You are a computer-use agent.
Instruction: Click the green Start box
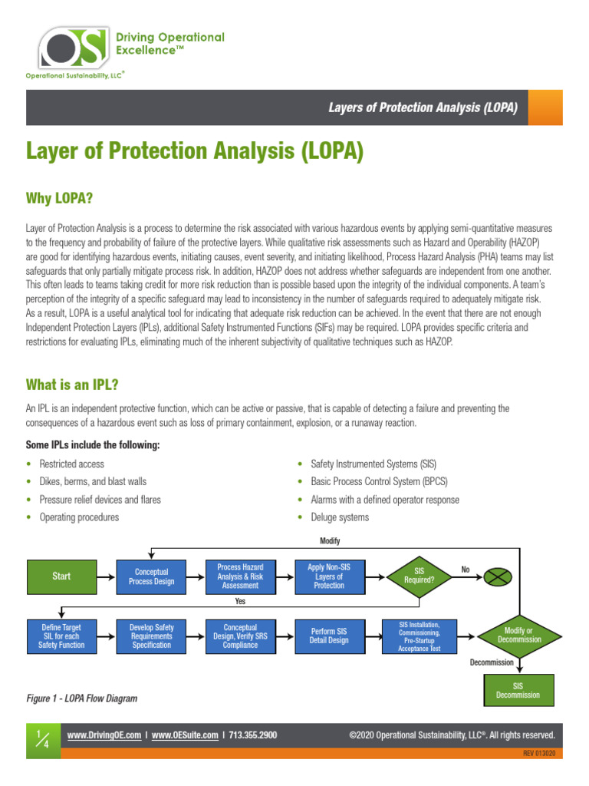pos(61,576)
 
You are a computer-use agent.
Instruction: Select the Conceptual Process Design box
pos(152,576)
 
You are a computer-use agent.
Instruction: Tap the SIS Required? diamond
pos(419,576)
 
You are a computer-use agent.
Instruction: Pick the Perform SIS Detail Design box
pos(329,636)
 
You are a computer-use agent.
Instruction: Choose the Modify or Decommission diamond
pos(519,636)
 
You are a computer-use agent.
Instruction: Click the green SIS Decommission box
pos(519,690)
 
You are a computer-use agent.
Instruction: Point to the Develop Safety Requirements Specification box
pos(152,636)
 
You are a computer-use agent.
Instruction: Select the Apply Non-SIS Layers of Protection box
pos(329,576)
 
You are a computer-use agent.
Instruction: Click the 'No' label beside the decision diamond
pos(466,570)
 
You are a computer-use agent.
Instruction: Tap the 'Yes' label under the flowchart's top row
pos(241,602)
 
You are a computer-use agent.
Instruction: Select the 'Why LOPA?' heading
pos(60,199)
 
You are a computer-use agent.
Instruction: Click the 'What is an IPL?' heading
pos(72,383)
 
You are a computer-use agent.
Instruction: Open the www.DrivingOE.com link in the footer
pos(104,735)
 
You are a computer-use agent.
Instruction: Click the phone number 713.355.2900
pos(253,735)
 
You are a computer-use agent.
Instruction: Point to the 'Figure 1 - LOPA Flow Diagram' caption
pos(82,699)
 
